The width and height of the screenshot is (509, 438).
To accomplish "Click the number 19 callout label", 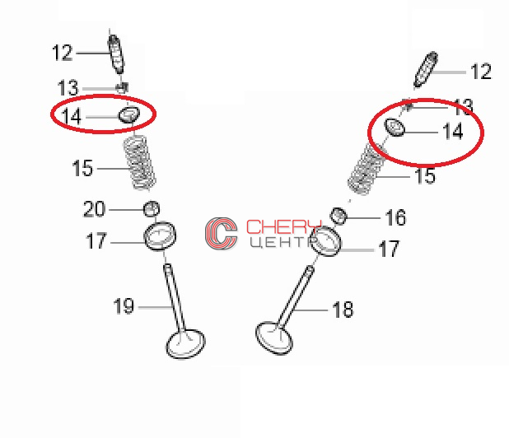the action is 124,305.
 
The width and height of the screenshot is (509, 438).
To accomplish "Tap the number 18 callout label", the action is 343,310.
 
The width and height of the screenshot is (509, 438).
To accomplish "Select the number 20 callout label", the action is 94,209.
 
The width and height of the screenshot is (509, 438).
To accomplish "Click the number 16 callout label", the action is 395,217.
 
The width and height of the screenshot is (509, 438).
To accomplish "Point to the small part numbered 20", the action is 152,209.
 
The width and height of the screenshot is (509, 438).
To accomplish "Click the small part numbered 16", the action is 339,216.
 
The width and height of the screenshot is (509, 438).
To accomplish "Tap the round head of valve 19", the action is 185,343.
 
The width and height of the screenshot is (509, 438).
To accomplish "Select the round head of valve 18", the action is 274,338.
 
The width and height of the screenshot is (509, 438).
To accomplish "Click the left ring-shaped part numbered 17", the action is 160,235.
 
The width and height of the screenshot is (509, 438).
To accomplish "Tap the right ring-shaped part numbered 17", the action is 325,241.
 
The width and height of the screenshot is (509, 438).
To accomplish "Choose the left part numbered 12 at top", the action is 116,54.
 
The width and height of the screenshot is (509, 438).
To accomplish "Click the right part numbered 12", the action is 426,69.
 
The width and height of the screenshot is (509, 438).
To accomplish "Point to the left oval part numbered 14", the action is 128,114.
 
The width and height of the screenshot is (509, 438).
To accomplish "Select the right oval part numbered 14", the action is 395,128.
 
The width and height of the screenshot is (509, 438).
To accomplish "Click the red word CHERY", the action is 283,226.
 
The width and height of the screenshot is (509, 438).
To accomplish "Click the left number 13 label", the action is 68,87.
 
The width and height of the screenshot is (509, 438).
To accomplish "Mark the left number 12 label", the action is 62,53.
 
